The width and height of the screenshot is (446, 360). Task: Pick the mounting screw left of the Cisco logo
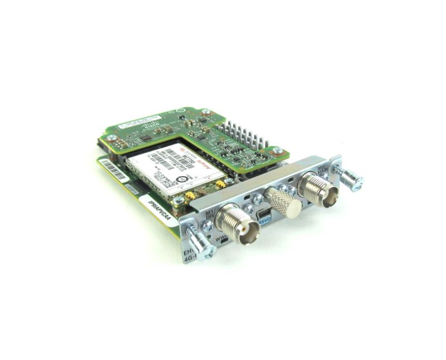(x=111, y=137)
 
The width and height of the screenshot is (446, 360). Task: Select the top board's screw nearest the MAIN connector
(x=277, y=150)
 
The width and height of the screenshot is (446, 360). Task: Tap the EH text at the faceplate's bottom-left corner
(x=188, y=256)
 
